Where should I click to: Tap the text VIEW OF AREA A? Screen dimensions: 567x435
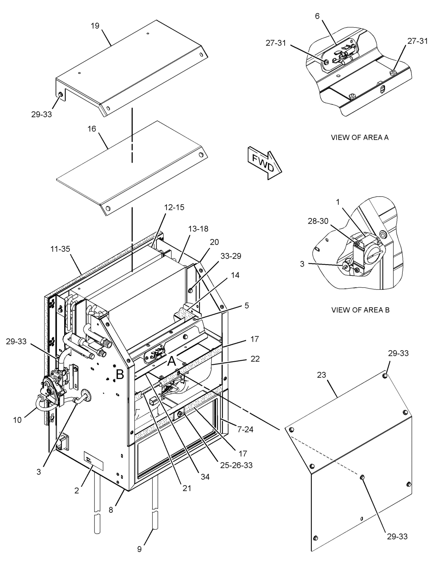tap(360, 137)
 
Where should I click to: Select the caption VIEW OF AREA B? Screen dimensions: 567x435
tap(360, 310)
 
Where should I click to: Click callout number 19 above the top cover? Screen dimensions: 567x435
tap(95, 26)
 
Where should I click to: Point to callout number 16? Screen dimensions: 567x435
tap(92, 129)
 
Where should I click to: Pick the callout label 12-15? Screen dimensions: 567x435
tap(174, 207)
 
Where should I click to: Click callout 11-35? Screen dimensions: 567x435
tap(60, 249)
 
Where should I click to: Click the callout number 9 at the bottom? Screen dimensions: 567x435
tap(139, 555)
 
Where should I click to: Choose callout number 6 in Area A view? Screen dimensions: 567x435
tap(317, 16)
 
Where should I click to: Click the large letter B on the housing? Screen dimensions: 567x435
tap(120, 374)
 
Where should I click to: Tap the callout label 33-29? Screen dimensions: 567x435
tap(231, 256)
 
